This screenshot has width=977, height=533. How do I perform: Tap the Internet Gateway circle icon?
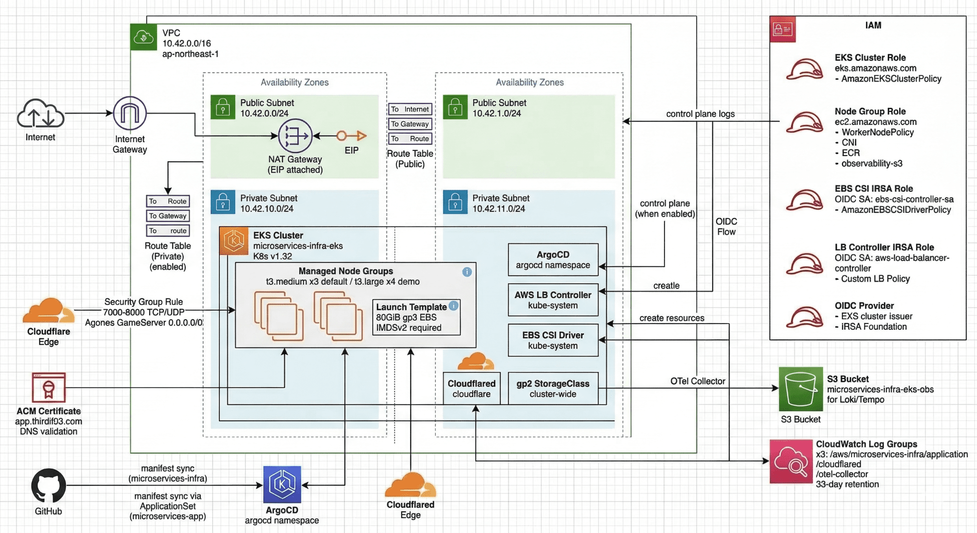(x=130, y=114)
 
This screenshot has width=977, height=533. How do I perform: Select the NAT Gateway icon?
(x=295, y=136)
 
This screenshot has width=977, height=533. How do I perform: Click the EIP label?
(x=352, y=150)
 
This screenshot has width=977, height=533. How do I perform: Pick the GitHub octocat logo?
(x=48, y=485)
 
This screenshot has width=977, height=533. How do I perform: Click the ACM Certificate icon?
(x=48, y=387)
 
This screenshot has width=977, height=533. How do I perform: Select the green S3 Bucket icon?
(x=800, y=389)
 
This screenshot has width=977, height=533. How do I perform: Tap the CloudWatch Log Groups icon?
(x=791, y=461)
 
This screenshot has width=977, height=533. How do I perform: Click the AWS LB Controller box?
(x=553, y=300)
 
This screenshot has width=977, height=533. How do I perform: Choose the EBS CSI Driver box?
(x=553, y=340)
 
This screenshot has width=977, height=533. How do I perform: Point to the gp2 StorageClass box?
(x=553, y=388)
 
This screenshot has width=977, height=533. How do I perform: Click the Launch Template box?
(x=416, y=317)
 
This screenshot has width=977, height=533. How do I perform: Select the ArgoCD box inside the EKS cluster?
(x=553, y=260)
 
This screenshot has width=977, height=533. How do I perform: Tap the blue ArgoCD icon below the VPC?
(x=282, y=484)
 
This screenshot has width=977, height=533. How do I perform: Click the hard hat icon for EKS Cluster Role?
(x=805, y=69)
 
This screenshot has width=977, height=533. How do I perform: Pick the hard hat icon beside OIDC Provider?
(x=805, y=317)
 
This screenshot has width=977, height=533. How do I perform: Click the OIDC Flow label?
(x=726, y=227)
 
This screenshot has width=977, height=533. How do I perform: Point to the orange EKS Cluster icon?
(x=234, y=240)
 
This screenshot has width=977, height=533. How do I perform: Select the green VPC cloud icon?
(x=144, y=37)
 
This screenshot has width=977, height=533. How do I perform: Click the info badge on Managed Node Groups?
(x=467, y=272)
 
